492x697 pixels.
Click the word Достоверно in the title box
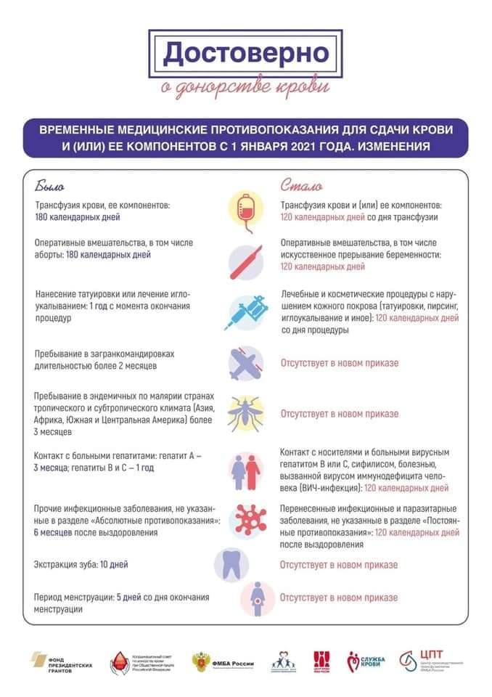245,53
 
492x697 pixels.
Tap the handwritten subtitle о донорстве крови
245,88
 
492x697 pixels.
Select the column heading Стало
301,185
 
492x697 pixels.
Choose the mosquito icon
246,412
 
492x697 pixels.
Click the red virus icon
246,518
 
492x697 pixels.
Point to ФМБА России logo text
232,662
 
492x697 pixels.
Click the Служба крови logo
366,662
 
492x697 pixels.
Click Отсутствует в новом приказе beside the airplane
340,363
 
